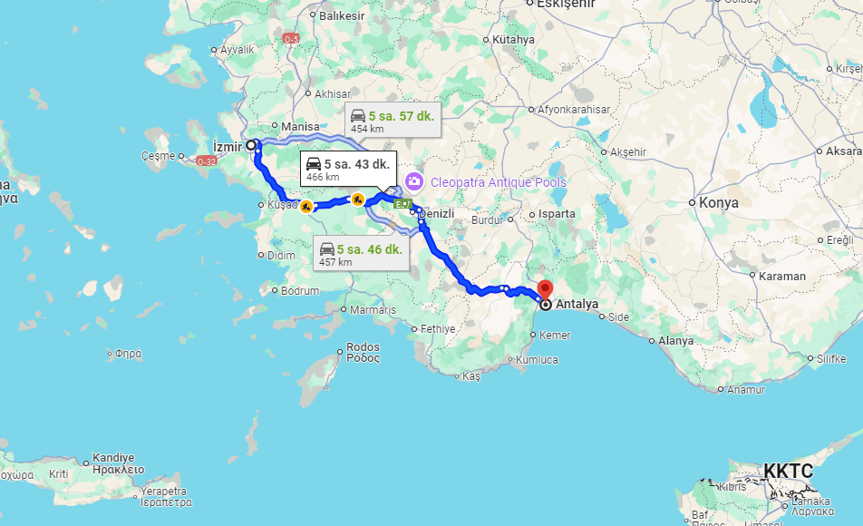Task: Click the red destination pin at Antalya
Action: pos(545,290)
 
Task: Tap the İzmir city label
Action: pos(228,147)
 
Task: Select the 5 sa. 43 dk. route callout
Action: pos(349,169)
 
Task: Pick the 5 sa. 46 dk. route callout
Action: pos(361,253)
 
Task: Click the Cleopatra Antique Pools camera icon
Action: pos(415,181)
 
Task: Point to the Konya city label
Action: pos(719,202)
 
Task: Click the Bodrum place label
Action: pos(300,291)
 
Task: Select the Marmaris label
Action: pos(373,310)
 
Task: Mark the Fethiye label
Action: pos(437,328)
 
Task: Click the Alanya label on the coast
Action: pos(675,341)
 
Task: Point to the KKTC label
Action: pos(788,471)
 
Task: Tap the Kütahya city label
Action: pos(514,40)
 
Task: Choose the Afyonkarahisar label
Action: pos(574,110)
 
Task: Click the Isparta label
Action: pos(558,214)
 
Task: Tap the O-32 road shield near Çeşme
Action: pos(206,161)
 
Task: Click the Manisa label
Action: pos(301,127)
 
